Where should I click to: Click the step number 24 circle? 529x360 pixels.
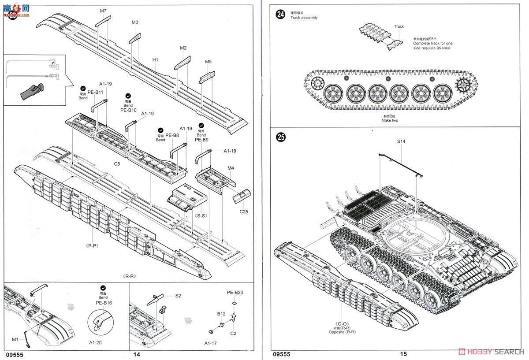tap(280, 15)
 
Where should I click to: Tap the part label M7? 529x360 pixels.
tap(103, 10)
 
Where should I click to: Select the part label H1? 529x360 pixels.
tap(155, 59)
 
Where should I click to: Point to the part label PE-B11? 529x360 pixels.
tap(94, 92)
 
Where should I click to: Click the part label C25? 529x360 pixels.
tap(244, 212)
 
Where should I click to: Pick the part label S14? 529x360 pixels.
tap(401, 141)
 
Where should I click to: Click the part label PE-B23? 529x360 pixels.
tap(235, 293)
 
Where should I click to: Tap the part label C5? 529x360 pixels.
tap(117, 163)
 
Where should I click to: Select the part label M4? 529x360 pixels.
tap(231, 167)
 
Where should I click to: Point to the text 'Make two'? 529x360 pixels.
tap(390, 120)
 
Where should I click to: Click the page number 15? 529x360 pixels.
tap(404, 354)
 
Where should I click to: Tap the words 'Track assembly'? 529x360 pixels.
tap(304, 18)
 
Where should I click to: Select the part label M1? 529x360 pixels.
tap(15, 339)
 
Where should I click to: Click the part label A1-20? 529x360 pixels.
tap(95, 342)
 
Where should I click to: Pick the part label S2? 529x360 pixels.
tap(178, 296)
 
